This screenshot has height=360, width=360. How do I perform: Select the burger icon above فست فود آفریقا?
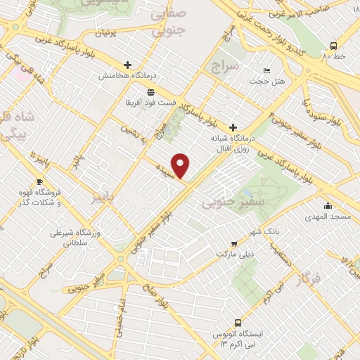pyautogui.click(x=150, y=92)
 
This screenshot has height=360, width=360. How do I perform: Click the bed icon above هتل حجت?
pyautogui.click(x=266, y=71)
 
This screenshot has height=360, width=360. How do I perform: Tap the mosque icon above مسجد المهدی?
pyautogui.click(x=328, y=205)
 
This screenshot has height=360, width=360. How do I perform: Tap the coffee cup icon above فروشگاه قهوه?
pyautogui.click(x=39, y=182)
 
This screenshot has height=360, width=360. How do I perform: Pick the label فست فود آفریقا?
pyautogui.click(x=150, y=103)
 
